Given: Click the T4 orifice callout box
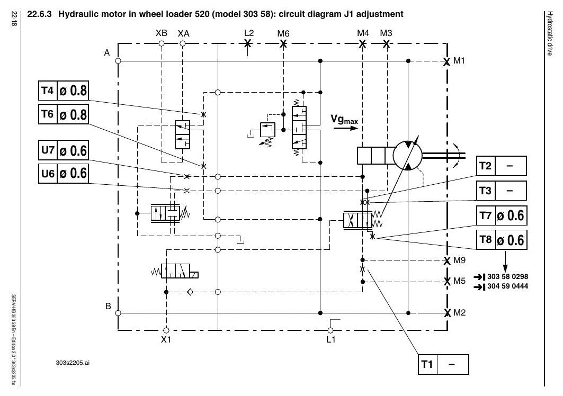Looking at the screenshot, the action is tap(63, 91).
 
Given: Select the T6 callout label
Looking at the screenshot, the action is tap(63, 114).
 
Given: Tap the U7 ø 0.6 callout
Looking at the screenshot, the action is tap(63, 150).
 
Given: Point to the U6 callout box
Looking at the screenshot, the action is tap(63, 174).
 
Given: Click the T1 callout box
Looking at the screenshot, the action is tap(443, 364).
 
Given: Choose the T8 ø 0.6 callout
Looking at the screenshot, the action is tap(502, 240).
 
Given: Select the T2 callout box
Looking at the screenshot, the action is tap(502, 166).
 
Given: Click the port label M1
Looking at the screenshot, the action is tap(459, 61).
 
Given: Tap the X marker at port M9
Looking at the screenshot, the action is tap(447, 260).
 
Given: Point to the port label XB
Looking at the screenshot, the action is tap(162, 33).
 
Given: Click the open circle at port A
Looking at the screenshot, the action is tap(118, 61).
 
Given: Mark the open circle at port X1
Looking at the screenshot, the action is tap(166, 330).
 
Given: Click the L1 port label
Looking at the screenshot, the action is tap(330, 339).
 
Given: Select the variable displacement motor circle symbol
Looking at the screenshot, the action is tap(408, 155).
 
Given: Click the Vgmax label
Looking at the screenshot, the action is tap(344, 120).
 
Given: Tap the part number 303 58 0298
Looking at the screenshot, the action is tap(507, 276).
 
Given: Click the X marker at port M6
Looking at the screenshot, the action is tap(283, 44).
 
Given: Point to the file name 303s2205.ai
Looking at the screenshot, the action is tap(73, 363).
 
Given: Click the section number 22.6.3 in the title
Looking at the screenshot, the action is tap(40, 14).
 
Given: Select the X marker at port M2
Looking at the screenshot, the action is tap(447, 313).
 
